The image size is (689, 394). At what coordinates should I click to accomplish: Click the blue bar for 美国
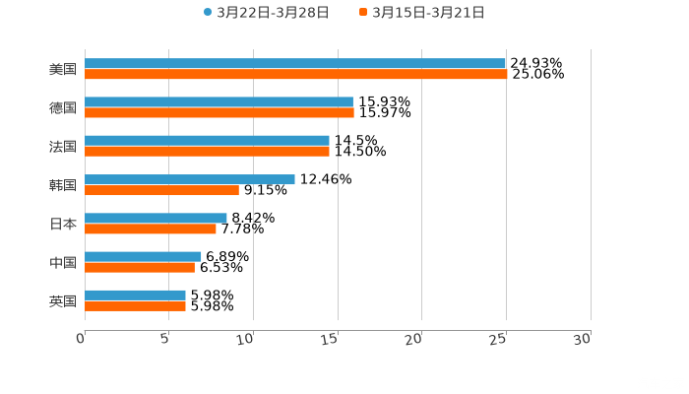tap(295, 63)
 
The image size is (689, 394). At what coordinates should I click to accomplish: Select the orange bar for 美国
tap(295, 74)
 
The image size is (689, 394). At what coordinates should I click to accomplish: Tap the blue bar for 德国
tap(219, 101)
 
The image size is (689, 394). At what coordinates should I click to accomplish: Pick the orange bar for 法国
tap(207, 151)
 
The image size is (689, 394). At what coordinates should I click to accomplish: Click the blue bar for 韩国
tap(190, 179)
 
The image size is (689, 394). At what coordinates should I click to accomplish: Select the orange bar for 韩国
tap(161, 190)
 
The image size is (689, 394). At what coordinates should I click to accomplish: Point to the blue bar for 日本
tap(156, 218)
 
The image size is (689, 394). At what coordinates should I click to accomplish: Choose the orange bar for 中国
tap(140, 267)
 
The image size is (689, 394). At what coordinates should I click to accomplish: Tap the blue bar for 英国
tap(135, 295)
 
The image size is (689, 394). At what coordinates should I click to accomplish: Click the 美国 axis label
tap(63, 69)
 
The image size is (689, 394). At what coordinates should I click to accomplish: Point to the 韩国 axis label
tap(63, 185)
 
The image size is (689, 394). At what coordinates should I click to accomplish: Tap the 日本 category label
tap(63, 224)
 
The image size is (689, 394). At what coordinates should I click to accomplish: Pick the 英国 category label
tap(63, 300)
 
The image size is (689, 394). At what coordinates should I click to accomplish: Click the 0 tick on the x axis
tap(81, 339)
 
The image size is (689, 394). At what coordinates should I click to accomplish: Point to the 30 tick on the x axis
tap(583, 339)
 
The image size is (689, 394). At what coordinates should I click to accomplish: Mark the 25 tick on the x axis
tap(499, 339)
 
